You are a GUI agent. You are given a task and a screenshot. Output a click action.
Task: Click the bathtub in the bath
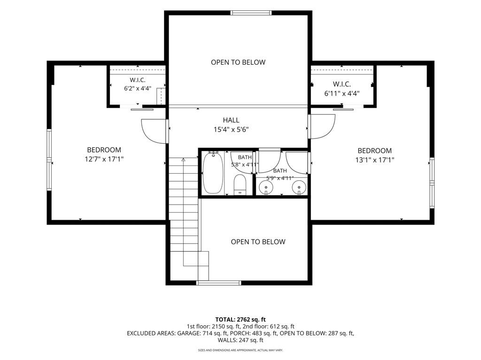click(213, 173)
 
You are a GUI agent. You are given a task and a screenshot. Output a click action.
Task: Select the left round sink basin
click(266, 186)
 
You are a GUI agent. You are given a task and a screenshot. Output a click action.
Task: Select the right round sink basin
click(299, 186)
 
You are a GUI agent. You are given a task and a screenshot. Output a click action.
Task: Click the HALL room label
click(231, 120)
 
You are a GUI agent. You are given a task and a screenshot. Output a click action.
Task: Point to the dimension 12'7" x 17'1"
click(104, 159)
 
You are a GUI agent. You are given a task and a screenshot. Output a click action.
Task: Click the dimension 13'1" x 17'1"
click(375, 160)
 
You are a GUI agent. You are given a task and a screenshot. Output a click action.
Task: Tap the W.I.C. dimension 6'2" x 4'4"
click(138, 89)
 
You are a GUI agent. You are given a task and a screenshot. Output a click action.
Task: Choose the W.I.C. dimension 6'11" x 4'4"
click(342, 93)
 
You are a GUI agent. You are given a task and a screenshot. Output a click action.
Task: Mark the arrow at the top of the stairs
click(184, 160)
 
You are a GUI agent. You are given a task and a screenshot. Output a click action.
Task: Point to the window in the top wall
click(251, 13)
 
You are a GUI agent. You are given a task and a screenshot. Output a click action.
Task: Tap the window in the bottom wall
click(219, 283)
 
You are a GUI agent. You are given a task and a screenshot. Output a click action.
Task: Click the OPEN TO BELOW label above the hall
click(238, 62)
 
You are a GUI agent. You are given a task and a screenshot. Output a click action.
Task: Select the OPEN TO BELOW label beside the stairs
click(258, 242)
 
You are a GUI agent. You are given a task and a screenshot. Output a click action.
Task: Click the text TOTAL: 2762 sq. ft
click(240, 320)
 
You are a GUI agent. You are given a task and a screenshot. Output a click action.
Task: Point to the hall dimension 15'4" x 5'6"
click(231, 130)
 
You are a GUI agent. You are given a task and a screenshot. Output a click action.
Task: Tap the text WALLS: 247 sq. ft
click(240, 340)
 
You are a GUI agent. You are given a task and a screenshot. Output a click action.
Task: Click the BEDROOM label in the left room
click(104, 150)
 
